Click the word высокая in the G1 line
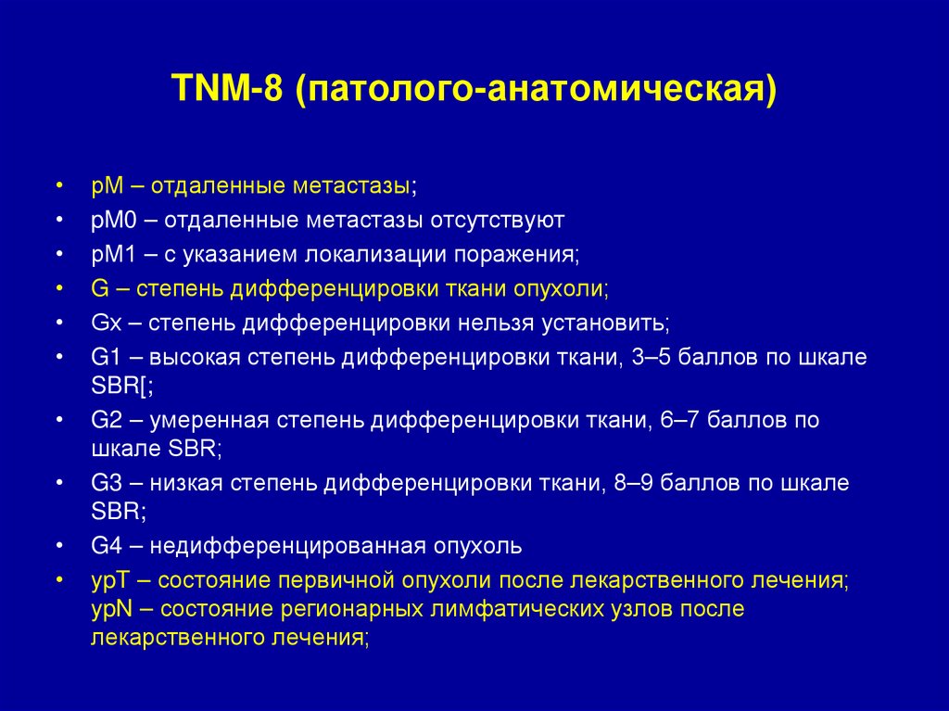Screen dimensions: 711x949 pyautogui.click(x=194, y=358)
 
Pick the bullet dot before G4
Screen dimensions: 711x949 pyautogui.click(x=59, y=545)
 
